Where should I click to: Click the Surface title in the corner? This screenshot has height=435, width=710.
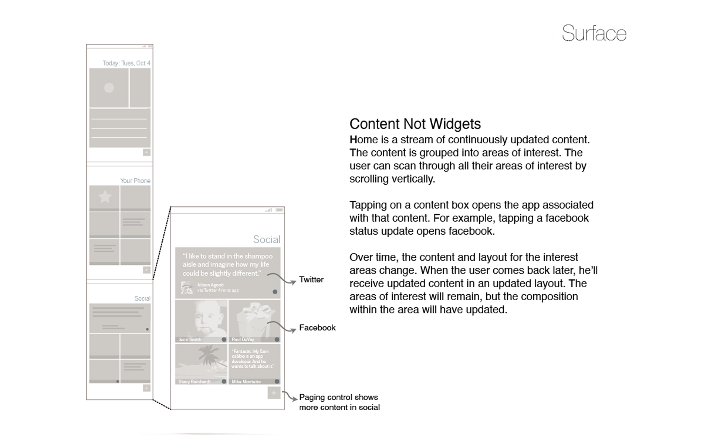pos(594,33)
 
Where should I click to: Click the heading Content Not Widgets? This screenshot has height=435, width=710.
pos(415,124)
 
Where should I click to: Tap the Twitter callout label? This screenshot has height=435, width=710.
pos(311,280)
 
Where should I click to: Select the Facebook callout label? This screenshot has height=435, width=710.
pos(317,328)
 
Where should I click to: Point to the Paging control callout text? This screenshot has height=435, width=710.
pos(339,402)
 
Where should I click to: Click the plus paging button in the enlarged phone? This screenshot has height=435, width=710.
pos(274,393)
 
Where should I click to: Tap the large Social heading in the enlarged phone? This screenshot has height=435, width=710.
pos(266,240)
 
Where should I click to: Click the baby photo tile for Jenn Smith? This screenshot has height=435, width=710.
pos(201,321)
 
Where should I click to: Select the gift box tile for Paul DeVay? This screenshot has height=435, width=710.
pos(254,321)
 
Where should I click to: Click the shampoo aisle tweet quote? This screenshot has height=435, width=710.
pos(227,265)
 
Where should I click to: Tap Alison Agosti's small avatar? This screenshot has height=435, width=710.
pos(187,288)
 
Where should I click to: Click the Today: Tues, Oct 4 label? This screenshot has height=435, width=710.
pos(126,63)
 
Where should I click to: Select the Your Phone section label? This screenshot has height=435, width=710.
pos(135,181)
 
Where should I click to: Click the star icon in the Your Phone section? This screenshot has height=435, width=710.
pos(105,197)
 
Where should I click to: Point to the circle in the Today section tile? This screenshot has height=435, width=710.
pos(109,88)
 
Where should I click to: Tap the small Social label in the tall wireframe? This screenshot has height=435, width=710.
pos(142,298)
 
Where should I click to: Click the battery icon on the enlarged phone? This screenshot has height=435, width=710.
pos(280,210)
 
